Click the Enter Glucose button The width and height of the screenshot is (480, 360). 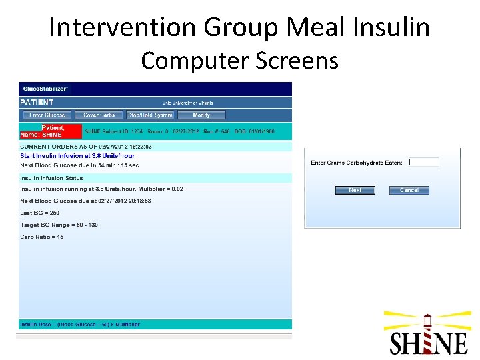pyautogui.click(x=47, y=115)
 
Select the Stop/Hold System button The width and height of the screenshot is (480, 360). pyautogui.click(x=150, y=115)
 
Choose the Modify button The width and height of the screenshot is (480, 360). pyautogui.click(x=201, y=115)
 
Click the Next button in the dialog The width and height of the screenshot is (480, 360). pyautogui.click(x=355, y=190)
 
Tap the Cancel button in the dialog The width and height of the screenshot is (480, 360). pyautogui.click(x=409, y=190)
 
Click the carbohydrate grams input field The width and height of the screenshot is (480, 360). pyautogui.click(x=424, y=162)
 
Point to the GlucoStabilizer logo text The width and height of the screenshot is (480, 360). pyautogui.click(x=45, y=89)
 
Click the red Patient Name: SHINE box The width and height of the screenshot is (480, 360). pyautogui.click(x=51, y=131)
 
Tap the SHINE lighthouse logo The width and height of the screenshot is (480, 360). pyautogui.click(x=428, y=333)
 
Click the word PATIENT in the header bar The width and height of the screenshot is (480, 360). pyautogui.click(x=37, y=103)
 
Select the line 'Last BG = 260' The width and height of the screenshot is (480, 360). pyautogui.click(x=40, y=213)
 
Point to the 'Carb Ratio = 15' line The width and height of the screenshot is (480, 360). pyautogui.click(x=42, y=237)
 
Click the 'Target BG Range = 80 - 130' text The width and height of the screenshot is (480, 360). pyautogui.click(x=59, y=225)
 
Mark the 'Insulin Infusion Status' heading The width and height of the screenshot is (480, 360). pyautogui.click(x=51, y=178)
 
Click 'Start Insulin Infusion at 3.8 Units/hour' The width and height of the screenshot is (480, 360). pyautogui.click(x=77, y=156)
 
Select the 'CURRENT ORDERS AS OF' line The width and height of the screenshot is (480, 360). pyautogui.click(x=86, y=146)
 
